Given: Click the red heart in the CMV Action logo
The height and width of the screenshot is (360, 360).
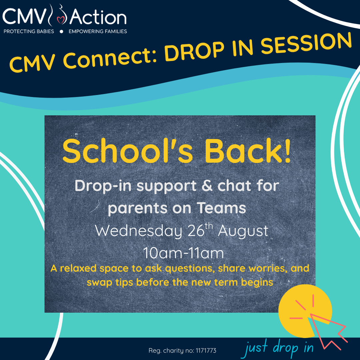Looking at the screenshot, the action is pyautogui.click(x=61, y=20).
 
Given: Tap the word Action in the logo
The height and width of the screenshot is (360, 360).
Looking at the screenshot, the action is pyautogui.click(x=98, y=17).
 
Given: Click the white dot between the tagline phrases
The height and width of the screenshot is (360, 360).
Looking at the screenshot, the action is pyautogui.click(x=61, y=31).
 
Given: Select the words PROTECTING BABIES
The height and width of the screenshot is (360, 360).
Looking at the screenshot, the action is pyautogui.click(x=29, y=31).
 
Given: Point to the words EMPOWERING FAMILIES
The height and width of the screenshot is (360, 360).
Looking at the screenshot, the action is pyautogui.click(x=98, y=31).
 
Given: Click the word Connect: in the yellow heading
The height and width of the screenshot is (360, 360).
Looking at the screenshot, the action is pyautogui.click(x=109, y=59).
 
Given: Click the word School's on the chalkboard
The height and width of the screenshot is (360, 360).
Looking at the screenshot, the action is pyautogui.click(x=127, y=151).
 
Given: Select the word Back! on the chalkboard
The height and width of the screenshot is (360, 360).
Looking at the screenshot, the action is pyautogui.click(x=248, y=151).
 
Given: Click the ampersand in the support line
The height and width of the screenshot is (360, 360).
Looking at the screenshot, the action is pyautogui.click(x=207, y=186).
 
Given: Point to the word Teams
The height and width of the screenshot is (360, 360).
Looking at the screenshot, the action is pyautogui.click(x=222, y=208).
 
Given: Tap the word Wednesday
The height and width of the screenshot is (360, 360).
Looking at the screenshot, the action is pyautogui.click(x=138, y=231).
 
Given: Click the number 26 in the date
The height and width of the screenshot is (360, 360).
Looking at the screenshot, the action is pyautogui.click(x=196, y=231).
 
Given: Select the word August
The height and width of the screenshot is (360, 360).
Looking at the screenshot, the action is pyautogui.click(x=243, y=231).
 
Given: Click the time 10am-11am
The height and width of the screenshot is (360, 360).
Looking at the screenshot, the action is pyautogui.click(x=183, y=253).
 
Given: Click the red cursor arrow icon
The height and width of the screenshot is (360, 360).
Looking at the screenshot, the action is pyautogui.click(x=327, y=328).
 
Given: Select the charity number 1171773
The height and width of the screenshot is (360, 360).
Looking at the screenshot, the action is pyautogui.click(x=206, y=351).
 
